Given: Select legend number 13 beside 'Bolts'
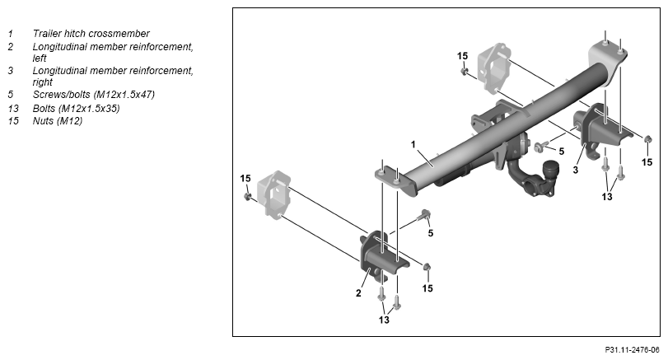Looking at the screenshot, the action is (x=13, y=108).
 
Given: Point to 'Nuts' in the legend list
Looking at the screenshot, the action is (x=43, y=121).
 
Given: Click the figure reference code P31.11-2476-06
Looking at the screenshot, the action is (x=632, y=350).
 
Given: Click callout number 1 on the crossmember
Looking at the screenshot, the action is (x=413, y=145).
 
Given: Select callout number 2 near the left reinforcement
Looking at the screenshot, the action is (x=358, y=293).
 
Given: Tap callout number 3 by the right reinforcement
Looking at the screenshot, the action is (x=576, y=171).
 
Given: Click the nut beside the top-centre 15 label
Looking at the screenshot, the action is (x=465, y=71).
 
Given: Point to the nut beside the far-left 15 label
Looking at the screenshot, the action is (x=247, y=196).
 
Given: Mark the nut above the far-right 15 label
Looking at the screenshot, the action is (x=647, y=139).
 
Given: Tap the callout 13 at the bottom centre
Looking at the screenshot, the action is (x=384, y=320).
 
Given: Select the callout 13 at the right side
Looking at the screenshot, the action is (x=607, y=196).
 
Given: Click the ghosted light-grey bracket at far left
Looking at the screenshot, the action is (x=277, y=195).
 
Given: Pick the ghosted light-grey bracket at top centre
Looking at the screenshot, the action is (x=494, y=68).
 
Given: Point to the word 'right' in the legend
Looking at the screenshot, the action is (x=43, y=82).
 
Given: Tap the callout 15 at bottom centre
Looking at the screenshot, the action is (x=427, y=288).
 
